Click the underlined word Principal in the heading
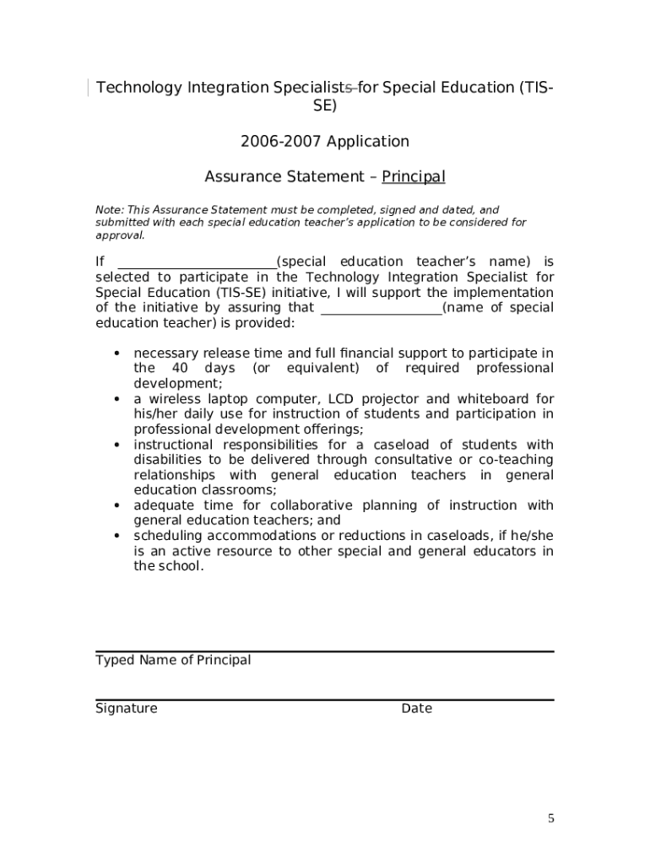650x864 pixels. click(414, 176)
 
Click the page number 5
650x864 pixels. click(551, 818)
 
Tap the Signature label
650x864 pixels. click(127, 709)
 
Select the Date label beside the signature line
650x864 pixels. click(417, 709)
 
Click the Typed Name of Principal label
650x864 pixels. click(173, 660)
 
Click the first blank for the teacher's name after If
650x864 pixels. click(196, 262)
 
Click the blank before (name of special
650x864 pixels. click(382, 308)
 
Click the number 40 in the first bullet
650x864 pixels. click(180, 369)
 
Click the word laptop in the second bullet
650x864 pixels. click(219, 399)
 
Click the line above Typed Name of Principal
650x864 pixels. click(325, 651)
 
